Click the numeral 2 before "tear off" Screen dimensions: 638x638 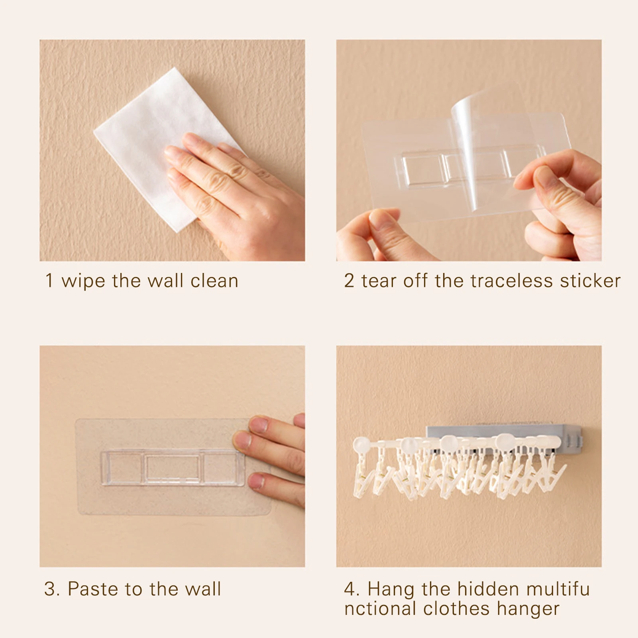[x=349, y=281]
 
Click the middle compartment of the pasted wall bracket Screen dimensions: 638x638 [x=173, y=468]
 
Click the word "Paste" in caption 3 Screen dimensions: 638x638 [x=92, y=589]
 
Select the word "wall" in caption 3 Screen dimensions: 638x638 [x=202, y=589]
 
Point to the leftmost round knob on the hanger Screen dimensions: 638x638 [x=362, y=444]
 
